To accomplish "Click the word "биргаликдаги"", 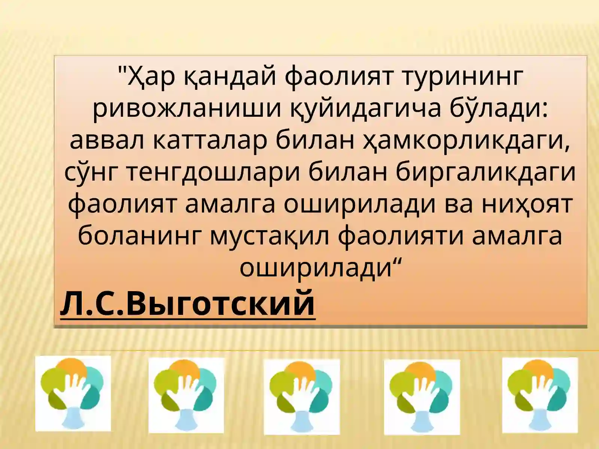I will coord(486,173).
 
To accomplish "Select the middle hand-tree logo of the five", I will coord(301,397).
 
